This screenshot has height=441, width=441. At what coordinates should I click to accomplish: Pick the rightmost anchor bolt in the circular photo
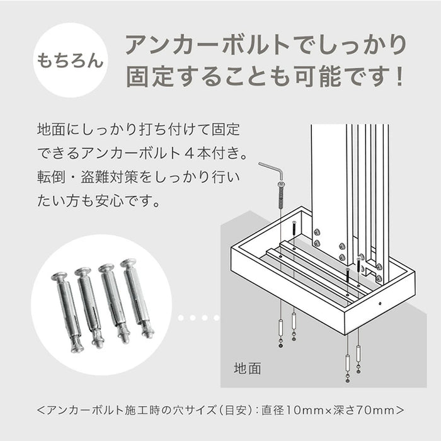coord(138,297)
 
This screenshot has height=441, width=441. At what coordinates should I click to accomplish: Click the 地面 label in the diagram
coord(247,367)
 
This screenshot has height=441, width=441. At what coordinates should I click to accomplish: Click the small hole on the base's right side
coord(381,303)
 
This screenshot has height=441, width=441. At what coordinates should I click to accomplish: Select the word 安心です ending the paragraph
coord(137,203)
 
